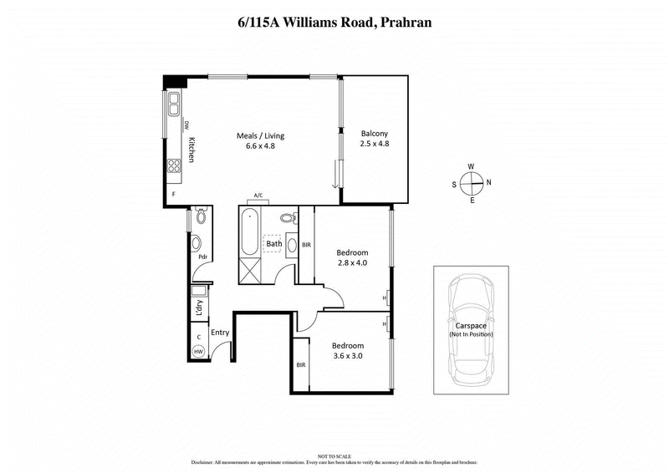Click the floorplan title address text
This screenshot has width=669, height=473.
tap(334, 23)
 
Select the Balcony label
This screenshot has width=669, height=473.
tap(374, 134)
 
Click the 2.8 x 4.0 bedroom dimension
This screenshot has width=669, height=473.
tap(351, 262)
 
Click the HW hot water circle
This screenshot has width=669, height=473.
tap(198, 353)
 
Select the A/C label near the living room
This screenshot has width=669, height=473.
tap(259, 196)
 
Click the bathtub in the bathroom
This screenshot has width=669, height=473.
tap(249, 234)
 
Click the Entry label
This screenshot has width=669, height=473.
tap(220, 333)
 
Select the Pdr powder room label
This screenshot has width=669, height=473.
tap(202, 257)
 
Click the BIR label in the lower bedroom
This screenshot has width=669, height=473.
tap(300, 365)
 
